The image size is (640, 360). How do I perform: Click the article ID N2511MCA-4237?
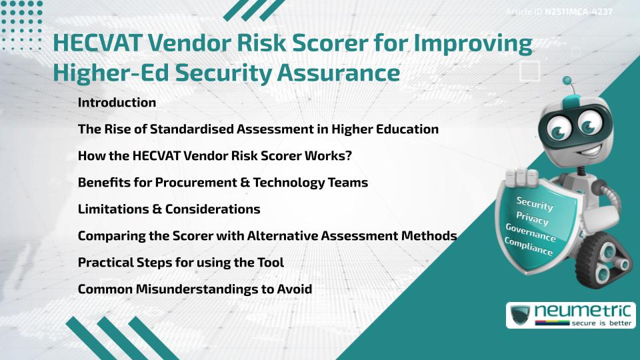pyautogui.click(x=579, y=12)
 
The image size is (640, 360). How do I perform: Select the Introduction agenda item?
pyautogui.click(x=117, y=103)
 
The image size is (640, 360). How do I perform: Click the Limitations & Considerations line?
pyautogui.click(x=169, y=209)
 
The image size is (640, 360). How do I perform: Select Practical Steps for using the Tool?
pyautogui.click(x=181, y=263)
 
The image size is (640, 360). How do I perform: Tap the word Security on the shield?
pyautogui.click(x=535, y=203)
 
